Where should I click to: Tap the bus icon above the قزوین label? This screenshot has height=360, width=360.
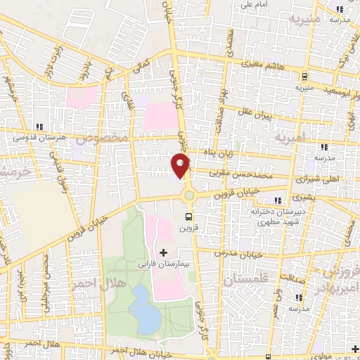188,217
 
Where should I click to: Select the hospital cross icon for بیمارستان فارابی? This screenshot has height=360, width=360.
164,252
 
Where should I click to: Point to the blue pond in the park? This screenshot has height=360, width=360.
143,308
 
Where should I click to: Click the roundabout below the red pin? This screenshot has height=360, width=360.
188,194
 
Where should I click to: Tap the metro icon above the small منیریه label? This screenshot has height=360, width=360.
304,77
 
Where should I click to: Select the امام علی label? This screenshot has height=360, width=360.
257,5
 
